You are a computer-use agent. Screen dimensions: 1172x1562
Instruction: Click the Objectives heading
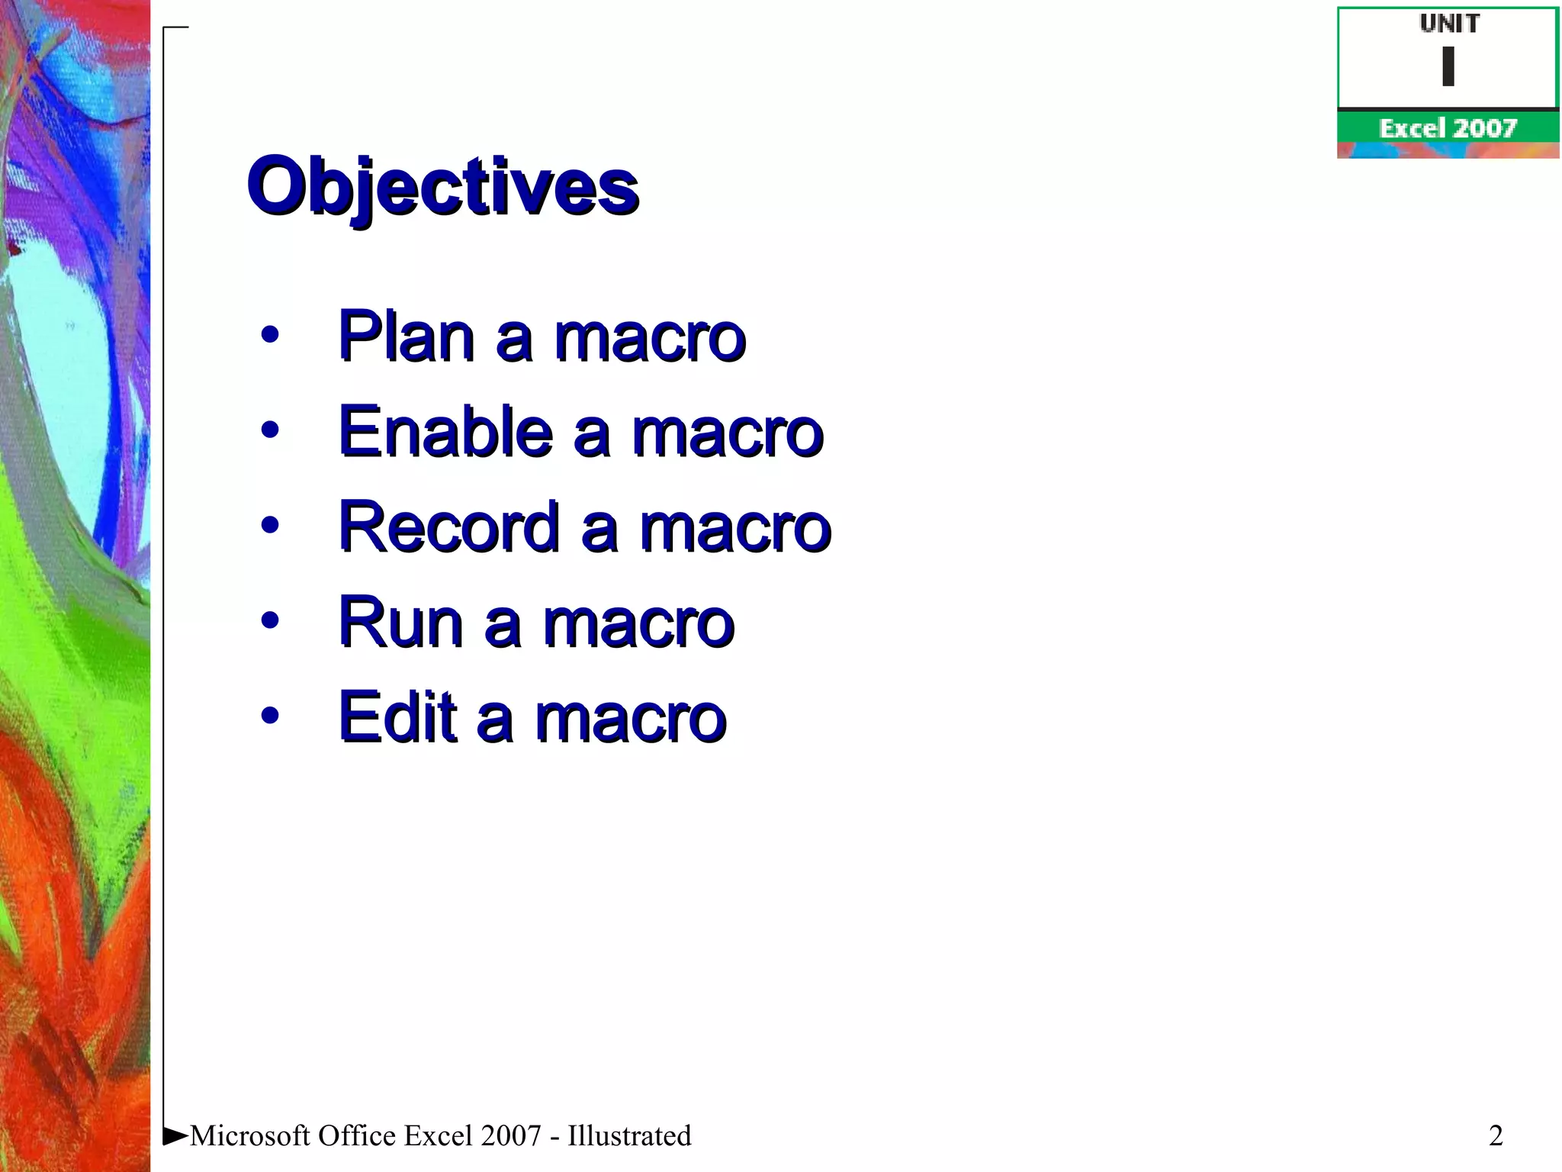click(x=442, y=187)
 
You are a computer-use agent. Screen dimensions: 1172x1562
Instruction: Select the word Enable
click(x=445, y=431)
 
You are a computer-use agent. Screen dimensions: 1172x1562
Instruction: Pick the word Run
click(x=400, y=622)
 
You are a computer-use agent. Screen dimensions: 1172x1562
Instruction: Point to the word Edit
click(x=397, y=717)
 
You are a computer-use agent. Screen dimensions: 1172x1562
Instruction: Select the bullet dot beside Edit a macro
click(x=269, y=715)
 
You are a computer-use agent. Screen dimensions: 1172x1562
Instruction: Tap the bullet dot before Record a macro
click(x=269, y=525)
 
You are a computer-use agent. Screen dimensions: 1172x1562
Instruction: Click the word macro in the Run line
click(x=638, y=624)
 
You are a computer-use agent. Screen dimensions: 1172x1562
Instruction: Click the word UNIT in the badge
click(x=1449, y=24)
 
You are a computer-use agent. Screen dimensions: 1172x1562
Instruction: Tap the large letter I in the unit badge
click(x=1448, y=67)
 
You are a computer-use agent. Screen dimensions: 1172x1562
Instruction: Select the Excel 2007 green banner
click(x=1448, y=127)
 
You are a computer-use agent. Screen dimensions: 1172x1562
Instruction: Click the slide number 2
click(x=1496, y=1135)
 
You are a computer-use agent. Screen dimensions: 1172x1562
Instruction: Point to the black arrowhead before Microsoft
click(x=175, y=1135)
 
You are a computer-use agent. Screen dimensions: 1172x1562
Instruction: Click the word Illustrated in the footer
click(x=629, y=1135)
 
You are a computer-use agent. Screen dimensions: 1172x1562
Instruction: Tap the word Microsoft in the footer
click(x=250, y=1135)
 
